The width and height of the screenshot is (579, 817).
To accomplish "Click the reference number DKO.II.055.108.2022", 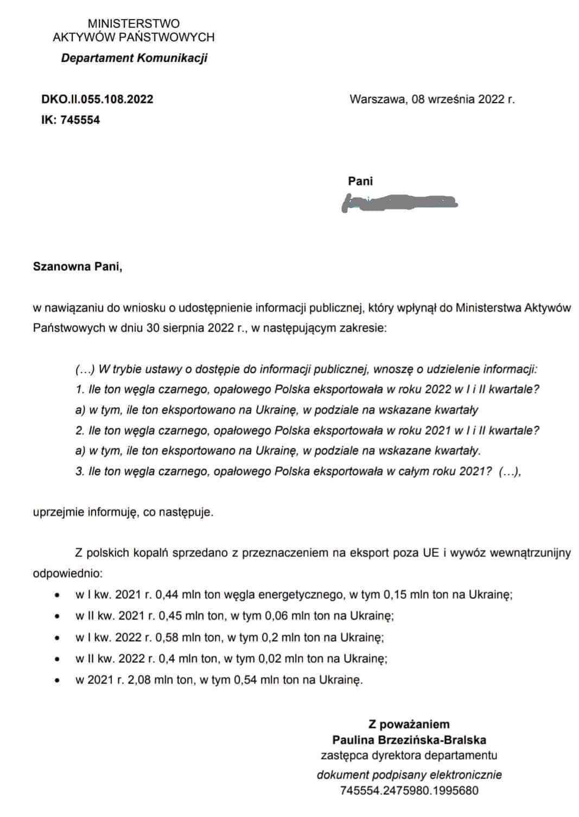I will [x=97, y=99].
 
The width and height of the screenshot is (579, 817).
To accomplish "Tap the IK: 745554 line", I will [x=71, y=120].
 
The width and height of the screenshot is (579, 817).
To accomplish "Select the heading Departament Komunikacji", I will [x=134, y=58].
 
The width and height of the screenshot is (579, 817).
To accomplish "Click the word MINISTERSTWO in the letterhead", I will [x=133, y=24].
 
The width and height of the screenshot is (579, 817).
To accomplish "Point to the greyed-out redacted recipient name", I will [x=399, y=203].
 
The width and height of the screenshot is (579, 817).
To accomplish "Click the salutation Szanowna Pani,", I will [x=78, y=267].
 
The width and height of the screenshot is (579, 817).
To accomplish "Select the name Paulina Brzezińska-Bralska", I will [x=409, y=739].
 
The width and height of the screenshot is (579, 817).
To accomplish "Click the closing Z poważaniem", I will [x=409, y=724].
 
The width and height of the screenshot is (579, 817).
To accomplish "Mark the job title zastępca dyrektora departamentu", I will [x=409, y=755].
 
